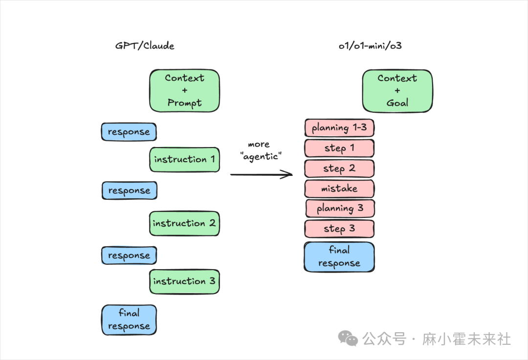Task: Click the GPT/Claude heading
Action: tap(145, 46)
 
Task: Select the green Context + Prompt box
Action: tap(184, 90)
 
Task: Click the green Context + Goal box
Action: tap(397, 90)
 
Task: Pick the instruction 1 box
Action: tap(184, 159)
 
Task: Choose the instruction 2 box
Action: tap(184, 223)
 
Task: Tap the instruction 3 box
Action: tap(184, 281)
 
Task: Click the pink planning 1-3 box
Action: tap(339, 128)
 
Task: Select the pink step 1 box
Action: tap(339, 148)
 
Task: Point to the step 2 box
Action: tap(339, 169)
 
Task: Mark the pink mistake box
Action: tap(339, 189)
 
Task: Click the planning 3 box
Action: tap(340, 209)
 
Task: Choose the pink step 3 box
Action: tap(339, 229)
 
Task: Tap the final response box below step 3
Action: tap(339, 257)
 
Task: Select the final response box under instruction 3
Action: tap(129, 320)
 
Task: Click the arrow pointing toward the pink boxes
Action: tap(261, 174)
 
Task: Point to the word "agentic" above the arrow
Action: tap(261, 156)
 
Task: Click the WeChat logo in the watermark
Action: tap(349, 339)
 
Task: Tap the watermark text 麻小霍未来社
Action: tap(466, 339)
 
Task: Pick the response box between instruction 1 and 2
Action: tap(129, 191)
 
